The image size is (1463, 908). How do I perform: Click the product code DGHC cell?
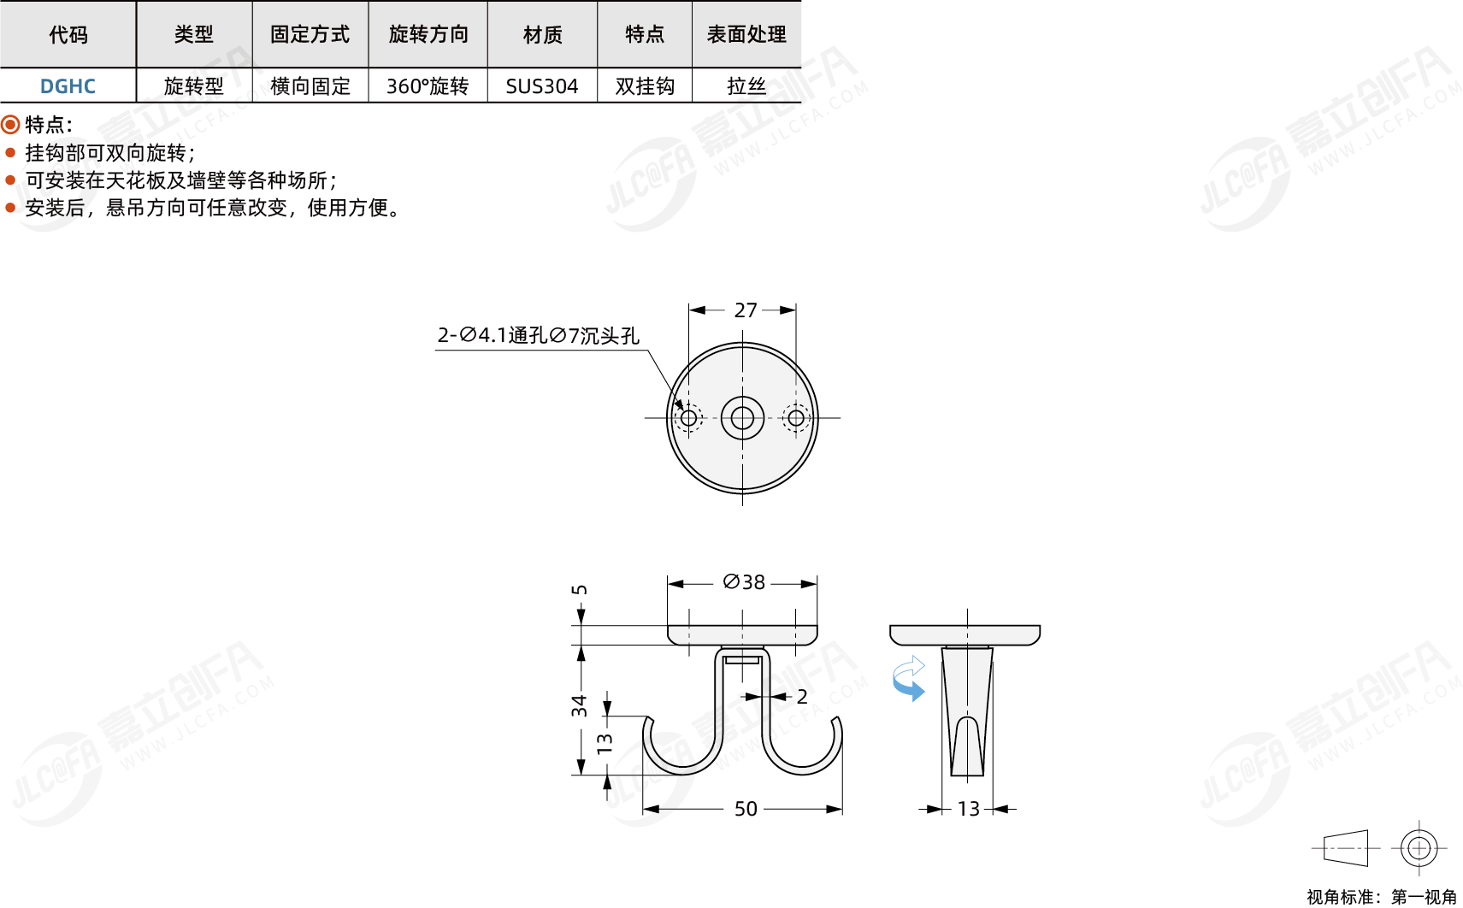[x=68, y=85]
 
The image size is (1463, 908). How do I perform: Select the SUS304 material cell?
[x=542, y=85]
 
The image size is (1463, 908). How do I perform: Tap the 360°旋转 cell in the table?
[x=428, y=85]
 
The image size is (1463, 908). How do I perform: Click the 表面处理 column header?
[x=746, y=34]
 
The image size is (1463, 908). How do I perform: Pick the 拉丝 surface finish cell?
[x=746, y=85]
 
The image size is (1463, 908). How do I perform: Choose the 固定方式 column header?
[x=310, y=34]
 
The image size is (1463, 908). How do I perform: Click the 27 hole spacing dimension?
[x=746, y=310]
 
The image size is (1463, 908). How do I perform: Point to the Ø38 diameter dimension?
[x=744, y=582]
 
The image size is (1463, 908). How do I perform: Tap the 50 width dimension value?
[x=746, y=809]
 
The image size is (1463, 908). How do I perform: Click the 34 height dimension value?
[x=580, y=706]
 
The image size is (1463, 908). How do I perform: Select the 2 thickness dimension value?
[x=802, y=696]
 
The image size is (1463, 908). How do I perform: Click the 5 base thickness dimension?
[x=580, y=590]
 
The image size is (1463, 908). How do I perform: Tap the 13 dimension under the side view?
[x=969, y=809]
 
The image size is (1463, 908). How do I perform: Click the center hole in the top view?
[x=742, y=418]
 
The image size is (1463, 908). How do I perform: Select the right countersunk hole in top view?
[x=795, y=418]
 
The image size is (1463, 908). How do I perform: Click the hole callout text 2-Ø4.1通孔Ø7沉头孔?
[x=538, y=335]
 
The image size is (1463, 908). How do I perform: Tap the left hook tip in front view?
[x=648, y=719]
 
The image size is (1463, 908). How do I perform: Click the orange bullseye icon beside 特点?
[x=10, y=123]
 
